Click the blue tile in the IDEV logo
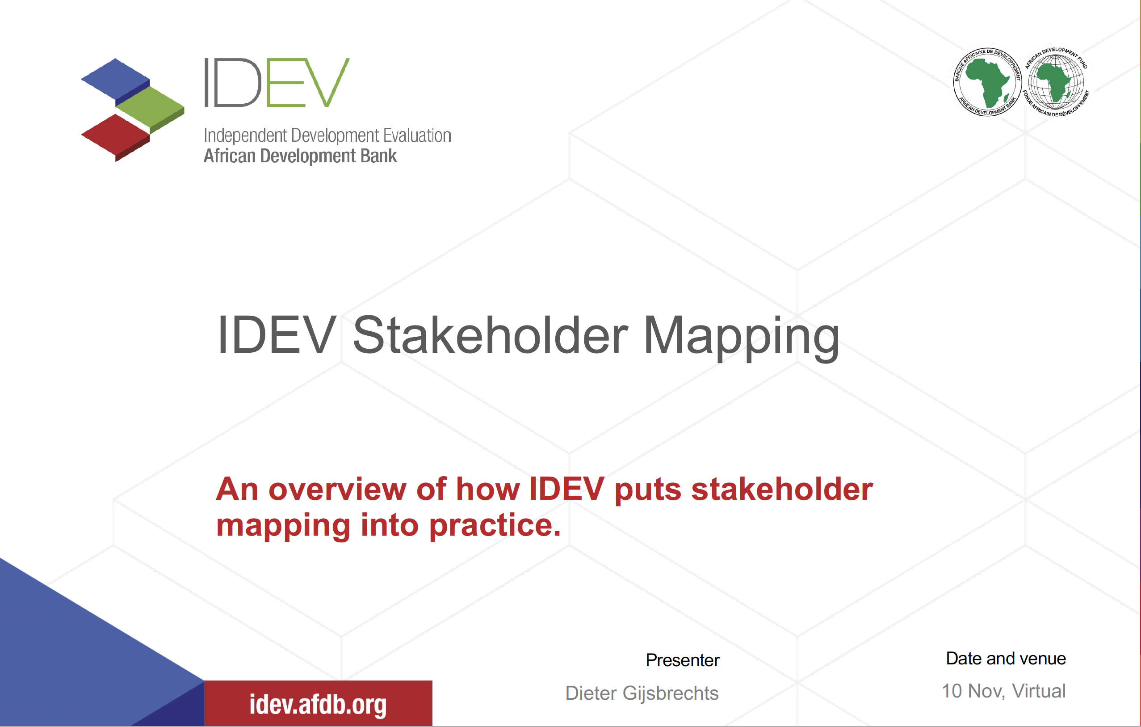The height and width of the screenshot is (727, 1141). [x=115, y=78]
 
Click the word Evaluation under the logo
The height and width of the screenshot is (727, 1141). [x=417, y=135]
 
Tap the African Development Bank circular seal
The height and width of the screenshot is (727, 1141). [x=987, y=82]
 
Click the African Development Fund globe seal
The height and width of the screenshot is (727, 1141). [x=1056, y=82]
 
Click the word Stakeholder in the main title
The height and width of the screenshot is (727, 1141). [x=491, y=335]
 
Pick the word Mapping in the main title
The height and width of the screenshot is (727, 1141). [x=741, y=335]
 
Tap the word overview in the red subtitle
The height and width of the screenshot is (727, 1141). [x=337, y=489]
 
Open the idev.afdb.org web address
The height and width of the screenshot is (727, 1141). [x=318, y=704]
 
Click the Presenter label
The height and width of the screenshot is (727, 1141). [x=682, y=660]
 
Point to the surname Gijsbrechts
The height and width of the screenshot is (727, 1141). [x=671, y=693]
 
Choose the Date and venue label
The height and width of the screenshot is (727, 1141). [x=1006, y=658]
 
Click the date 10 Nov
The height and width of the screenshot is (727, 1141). [x=971, y=691]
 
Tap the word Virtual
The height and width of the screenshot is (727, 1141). [x=1039, y=691]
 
